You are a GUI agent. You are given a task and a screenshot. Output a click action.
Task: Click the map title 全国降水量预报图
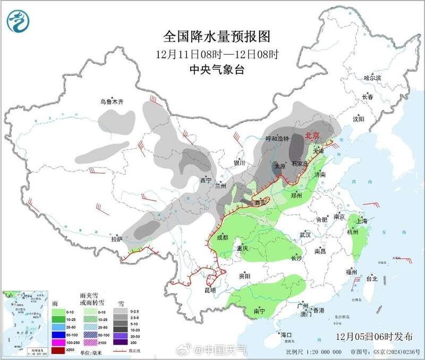(217, 37)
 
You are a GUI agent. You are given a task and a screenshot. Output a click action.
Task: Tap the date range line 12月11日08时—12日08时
(217, 54)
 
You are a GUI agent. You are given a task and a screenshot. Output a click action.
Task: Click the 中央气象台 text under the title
(217, 70)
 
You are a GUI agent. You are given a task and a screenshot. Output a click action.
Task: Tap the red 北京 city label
(312, 136)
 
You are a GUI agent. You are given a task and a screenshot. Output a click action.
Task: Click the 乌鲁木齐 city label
(112, 101)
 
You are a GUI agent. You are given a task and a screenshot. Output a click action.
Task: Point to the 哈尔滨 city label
(372, 78)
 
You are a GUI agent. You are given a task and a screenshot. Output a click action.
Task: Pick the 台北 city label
(371, 278)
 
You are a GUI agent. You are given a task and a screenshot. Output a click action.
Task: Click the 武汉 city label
(304, 235)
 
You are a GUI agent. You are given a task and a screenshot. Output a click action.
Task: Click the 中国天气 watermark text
(226, 349)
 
